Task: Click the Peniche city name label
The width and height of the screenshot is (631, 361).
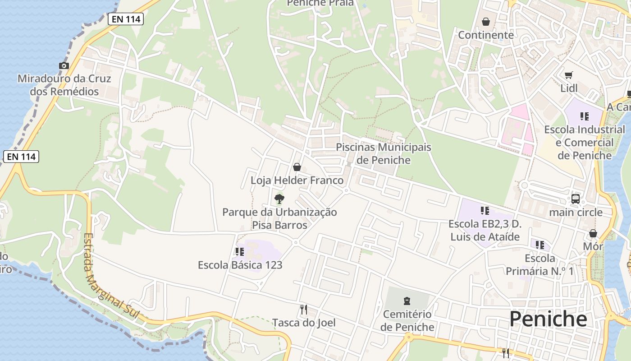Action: tap(548, 319)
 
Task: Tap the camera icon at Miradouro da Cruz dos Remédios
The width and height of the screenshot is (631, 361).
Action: tap(64, 66)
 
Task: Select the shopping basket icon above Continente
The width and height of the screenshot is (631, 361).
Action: tap(486, 22)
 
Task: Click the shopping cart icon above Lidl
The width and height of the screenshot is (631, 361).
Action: tap(569, 75)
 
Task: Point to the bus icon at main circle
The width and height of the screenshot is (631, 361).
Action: tap(576, 199)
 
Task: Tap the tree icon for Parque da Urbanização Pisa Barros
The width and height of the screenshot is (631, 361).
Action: tap(279, 199)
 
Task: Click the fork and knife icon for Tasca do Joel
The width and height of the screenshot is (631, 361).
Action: tap(304, 310)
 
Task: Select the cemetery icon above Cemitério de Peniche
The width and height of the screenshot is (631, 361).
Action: tap(407, 301)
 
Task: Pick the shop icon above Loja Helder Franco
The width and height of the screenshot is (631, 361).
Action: tap(297, 167)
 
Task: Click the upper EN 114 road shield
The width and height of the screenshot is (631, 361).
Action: tap(125, 19)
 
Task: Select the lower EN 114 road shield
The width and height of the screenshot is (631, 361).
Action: tap(21, 157)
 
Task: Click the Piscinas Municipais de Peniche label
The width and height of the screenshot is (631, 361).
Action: tap(384, 154)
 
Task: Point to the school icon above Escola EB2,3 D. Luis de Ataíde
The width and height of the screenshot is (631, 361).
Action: tap(485, 211)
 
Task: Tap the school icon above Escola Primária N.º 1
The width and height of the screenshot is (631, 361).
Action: tap(540, 245)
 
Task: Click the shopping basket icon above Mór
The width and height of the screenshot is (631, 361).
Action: tap(593, 233)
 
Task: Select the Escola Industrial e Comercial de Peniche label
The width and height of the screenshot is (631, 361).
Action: tap(585, 143)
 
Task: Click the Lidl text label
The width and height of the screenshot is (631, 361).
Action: tap(569, 88)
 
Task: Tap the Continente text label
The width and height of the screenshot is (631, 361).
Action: tap(486, 35)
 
